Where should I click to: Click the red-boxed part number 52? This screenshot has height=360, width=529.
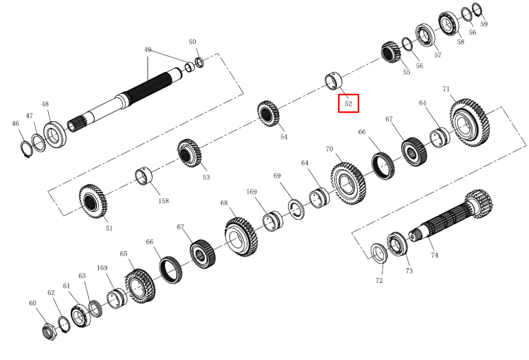coord(348,104)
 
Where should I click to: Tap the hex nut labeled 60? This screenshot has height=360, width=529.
coord(50,331)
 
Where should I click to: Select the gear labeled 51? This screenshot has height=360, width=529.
coord(93,201)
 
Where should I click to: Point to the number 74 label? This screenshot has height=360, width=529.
coord(434,255)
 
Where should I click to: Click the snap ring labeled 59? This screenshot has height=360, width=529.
coord(476,9)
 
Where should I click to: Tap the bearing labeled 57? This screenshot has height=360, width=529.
coord(425,35)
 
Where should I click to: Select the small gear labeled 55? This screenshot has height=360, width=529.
coord(391,52)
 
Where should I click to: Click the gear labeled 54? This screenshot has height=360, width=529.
coord(269,113)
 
